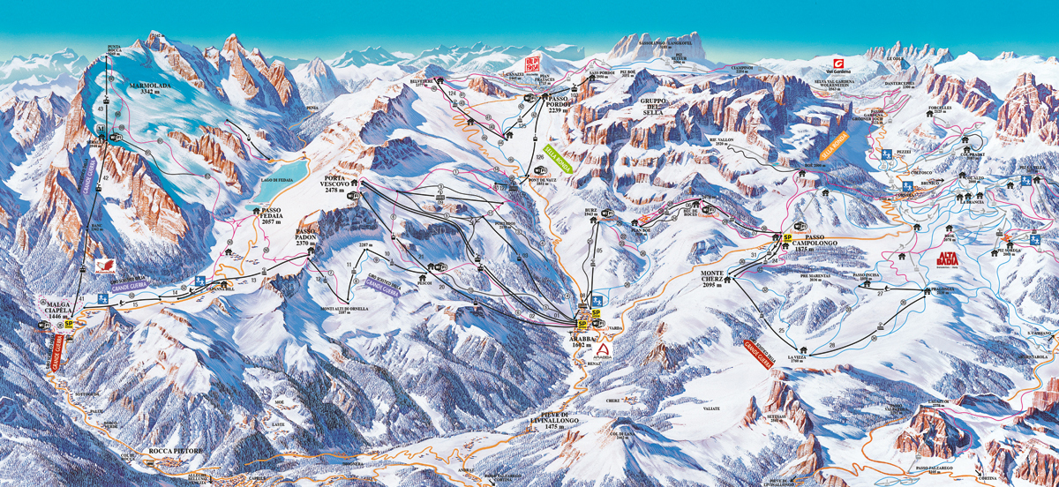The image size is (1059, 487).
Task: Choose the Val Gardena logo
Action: [838, 65]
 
